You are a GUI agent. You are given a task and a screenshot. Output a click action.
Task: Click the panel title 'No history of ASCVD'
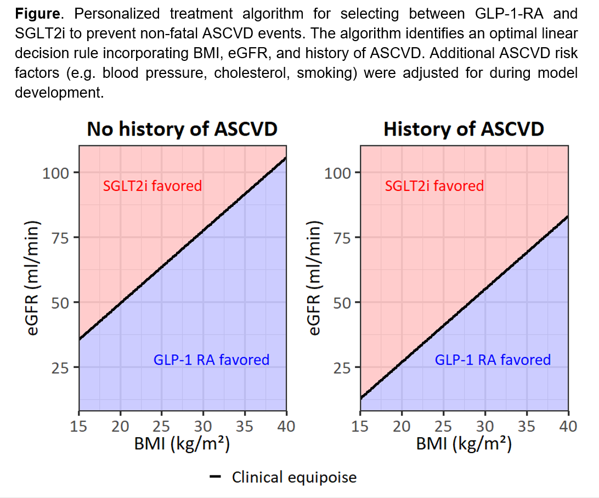coord(182,129)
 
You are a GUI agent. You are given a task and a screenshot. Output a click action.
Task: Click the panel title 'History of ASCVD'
coord(464,129)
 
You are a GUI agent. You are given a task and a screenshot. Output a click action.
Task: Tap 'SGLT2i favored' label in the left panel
coord(152,186)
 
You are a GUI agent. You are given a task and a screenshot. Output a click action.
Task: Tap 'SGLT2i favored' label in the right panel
coord(434,186)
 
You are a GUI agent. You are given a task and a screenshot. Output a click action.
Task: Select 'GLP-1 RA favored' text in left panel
coord(211,360)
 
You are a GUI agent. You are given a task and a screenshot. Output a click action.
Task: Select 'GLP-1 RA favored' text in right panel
coord(493,360)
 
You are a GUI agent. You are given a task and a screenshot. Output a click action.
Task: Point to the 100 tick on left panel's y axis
coord(56,173)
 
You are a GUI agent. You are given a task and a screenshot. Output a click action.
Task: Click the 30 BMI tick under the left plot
coord(204,426)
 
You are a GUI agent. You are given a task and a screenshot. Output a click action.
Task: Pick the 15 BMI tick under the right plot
coord(360,426)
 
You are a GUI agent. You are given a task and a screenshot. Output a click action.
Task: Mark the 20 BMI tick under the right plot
coord(402,426)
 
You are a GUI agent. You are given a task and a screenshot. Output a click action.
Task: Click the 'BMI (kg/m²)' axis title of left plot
coord(182,443)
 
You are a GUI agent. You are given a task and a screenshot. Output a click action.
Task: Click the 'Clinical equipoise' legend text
coord(294,477)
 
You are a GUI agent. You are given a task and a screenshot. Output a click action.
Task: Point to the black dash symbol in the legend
coord(216,477)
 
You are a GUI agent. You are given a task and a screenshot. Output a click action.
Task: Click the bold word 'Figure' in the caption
coord(35,13)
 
